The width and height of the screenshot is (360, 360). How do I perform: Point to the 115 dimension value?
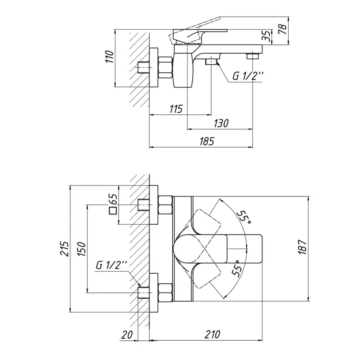176,109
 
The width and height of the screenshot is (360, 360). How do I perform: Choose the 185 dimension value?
206,141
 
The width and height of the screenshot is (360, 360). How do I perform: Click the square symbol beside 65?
113,210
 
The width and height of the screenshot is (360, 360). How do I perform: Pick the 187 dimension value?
302,247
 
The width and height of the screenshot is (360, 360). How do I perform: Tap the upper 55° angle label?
244,216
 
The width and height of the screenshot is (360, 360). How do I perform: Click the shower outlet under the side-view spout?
210,61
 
